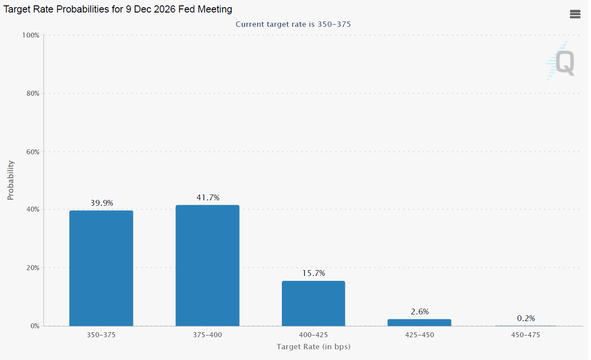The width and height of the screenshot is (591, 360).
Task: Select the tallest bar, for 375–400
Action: click(208, 266)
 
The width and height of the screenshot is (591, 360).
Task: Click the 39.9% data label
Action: click(102, 203)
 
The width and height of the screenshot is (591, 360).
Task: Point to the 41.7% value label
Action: click(208, 198)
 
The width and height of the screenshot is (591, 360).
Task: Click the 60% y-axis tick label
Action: click(33, 152)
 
